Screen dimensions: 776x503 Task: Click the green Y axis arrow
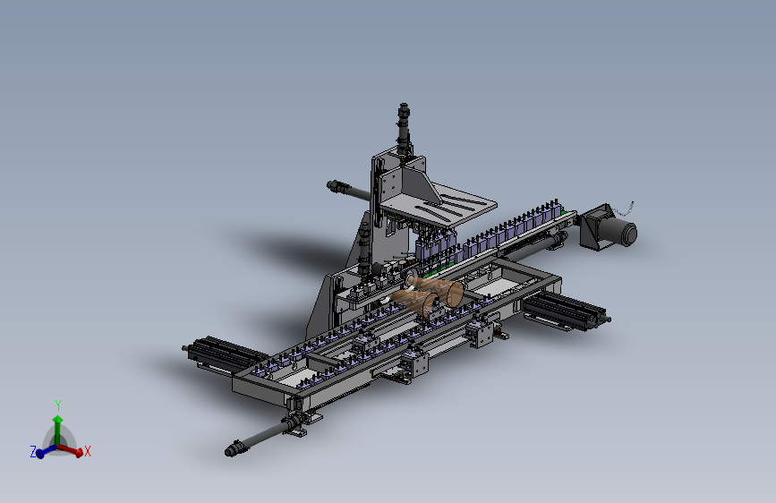(x=58, y=430)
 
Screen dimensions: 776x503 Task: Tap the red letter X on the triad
(x=88, y=451)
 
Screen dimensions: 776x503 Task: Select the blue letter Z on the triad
(x=33, y=451)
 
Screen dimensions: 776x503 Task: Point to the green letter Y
(x=58, y=405)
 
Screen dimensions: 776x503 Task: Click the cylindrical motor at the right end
(x=620, y=231)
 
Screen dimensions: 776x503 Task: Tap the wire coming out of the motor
(x=625, y=209)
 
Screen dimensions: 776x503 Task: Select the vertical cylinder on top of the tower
(x=404, y=128)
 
